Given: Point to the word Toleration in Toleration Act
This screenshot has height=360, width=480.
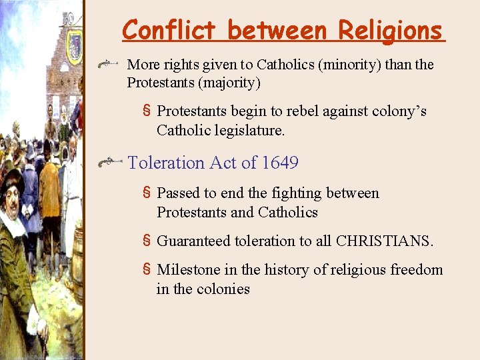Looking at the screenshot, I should (166, 163).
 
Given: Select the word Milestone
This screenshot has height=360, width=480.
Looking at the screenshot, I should (188, 269).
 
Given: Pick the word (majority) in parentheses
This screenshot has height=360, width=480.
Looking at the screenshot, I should (226, 83).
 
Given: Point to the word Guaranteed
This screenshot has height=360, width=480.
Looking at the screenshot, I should (193, 241).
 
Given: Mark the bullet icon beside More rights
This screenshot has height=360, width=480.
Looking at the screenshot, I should (109, 65).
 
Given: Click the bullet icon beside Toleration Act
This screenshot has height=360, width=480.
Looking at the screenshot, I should (109, 163).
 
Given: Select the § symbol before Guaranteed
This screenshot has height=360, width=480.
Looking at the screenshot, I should (147, 241).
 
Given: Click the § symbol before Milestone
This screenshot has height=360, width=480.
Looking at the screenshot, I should (147, 269).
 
